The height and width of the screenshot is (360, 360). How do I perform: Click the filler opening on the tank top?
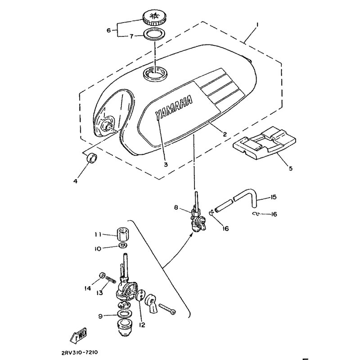click(x=155, y=73)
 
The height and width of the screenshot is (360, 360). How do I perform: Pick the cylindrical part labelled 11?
click(x=123, y=233)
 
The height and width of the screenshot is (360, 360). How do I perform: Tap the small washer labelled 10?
click(x=123, y=245)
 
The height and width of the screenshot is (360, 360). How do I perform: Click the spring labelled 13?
click(x=111, y=280)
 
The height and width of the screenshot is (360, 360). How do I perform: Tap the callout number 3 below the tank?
click(x=166, y=164)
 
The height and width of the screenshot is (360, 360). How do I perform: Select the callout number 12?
click(x=142, y=325)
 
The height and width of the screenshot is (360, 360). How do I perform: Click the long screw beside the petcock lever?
click(x=167, y=308)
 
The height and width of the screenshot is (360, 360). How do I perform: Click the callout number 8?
click(x=176, y=207)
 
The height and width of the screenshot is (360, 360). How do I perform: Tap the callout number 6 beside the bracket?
click(x=109, y=30)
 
